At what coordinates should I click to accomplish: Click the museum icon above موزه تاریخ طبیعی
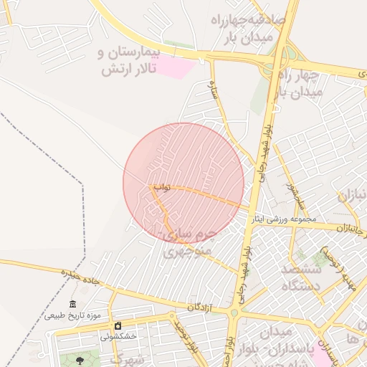[x=72, y=305]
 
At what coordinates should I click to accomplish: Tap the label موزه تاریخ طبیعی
[x=72, y=315]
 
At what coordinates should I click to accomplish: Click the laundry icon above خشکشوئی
[x=118, y=326]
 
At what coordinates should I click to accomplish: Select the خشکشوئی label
[x=118, y=335]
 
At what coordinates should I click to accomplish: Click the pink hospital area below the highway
[x=176, y=67]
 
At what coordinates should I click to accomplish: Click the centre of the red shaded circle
[x=183, y=183]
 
